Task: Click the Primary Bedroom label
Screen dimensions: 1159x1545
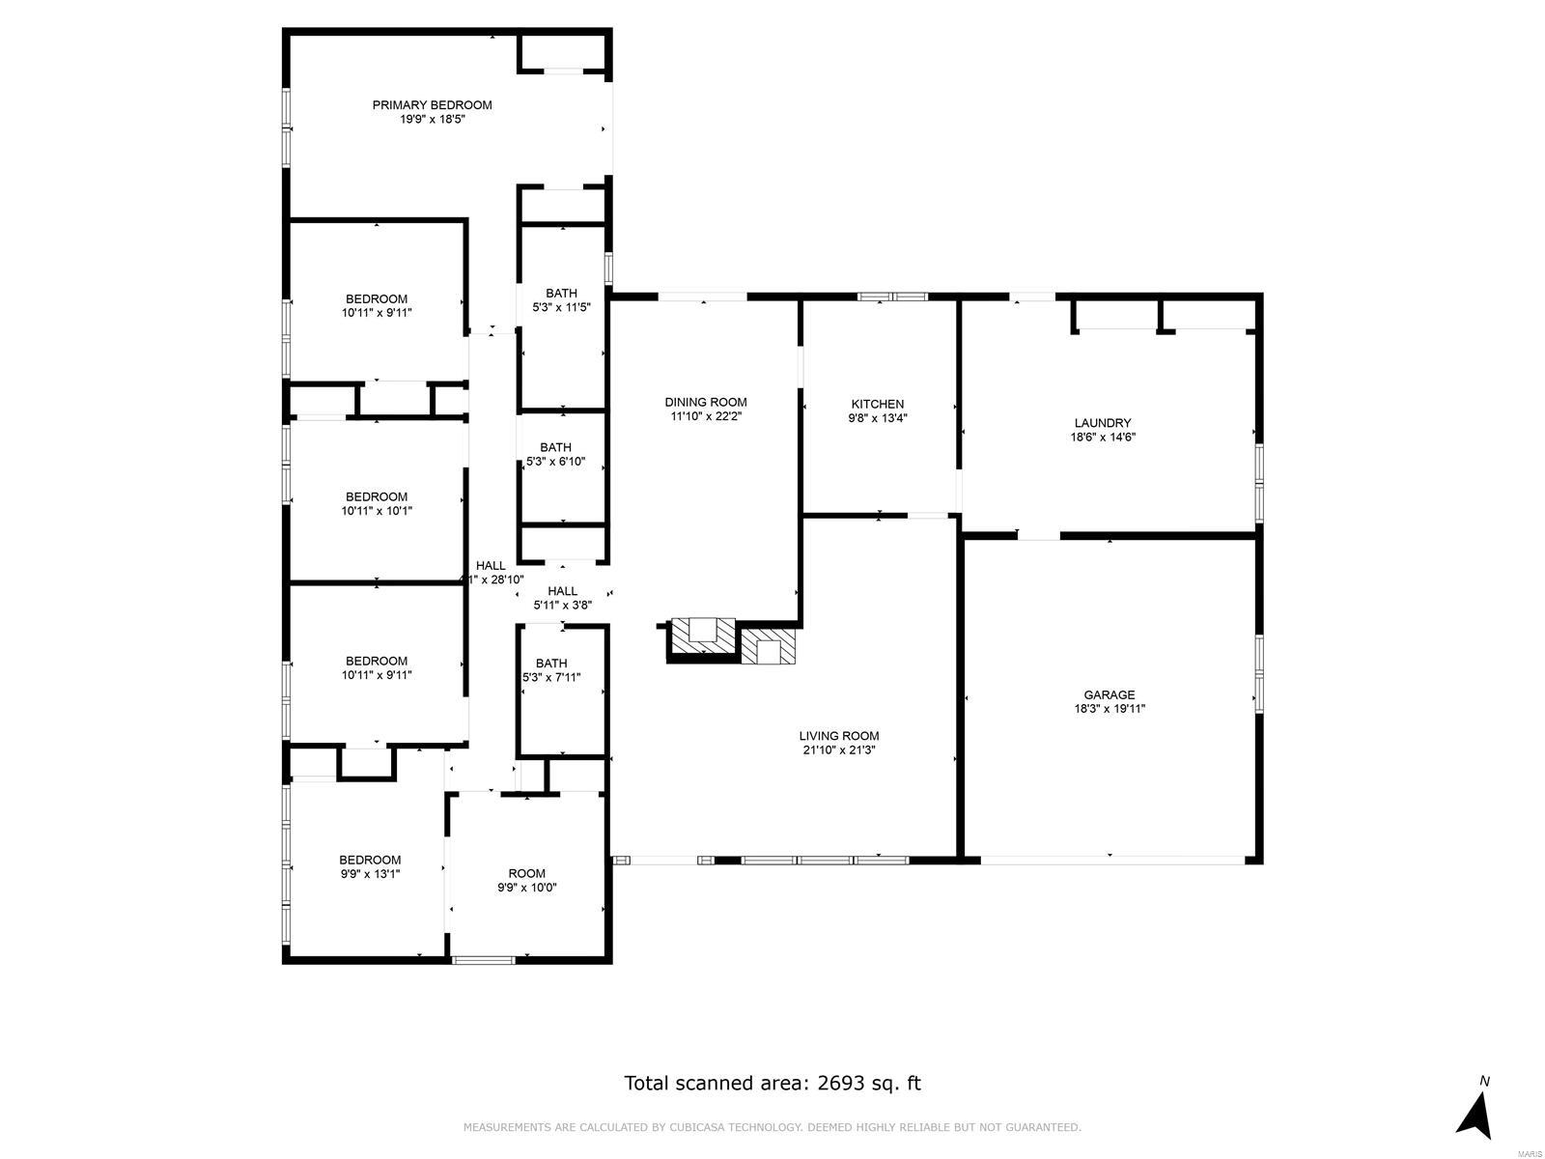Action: pos(432,105)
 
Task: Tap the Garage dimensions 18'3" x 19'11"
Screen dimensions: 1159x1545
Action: pos(1109,709)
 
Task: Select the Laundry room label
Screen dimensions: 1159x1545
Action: pos(1103,423)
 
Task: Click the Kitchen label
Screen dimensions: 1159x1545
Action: pos(877,404)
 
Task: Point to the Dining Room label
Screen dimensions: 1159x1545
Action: pos(705,402)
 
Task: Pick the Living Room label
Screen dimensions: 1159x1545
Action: pos(838,736)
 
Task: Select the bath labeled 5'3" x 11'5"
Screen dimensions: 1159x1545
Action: pos(561,300)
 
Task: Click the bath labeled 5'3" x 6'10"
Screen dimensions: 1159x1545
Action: pos(555,454)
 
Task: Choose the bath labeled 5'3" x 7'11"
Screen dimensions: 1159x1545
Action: pos(551,670)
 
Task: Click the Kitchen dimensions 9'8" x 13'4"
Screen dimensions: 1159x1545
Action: pos(877,418)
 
